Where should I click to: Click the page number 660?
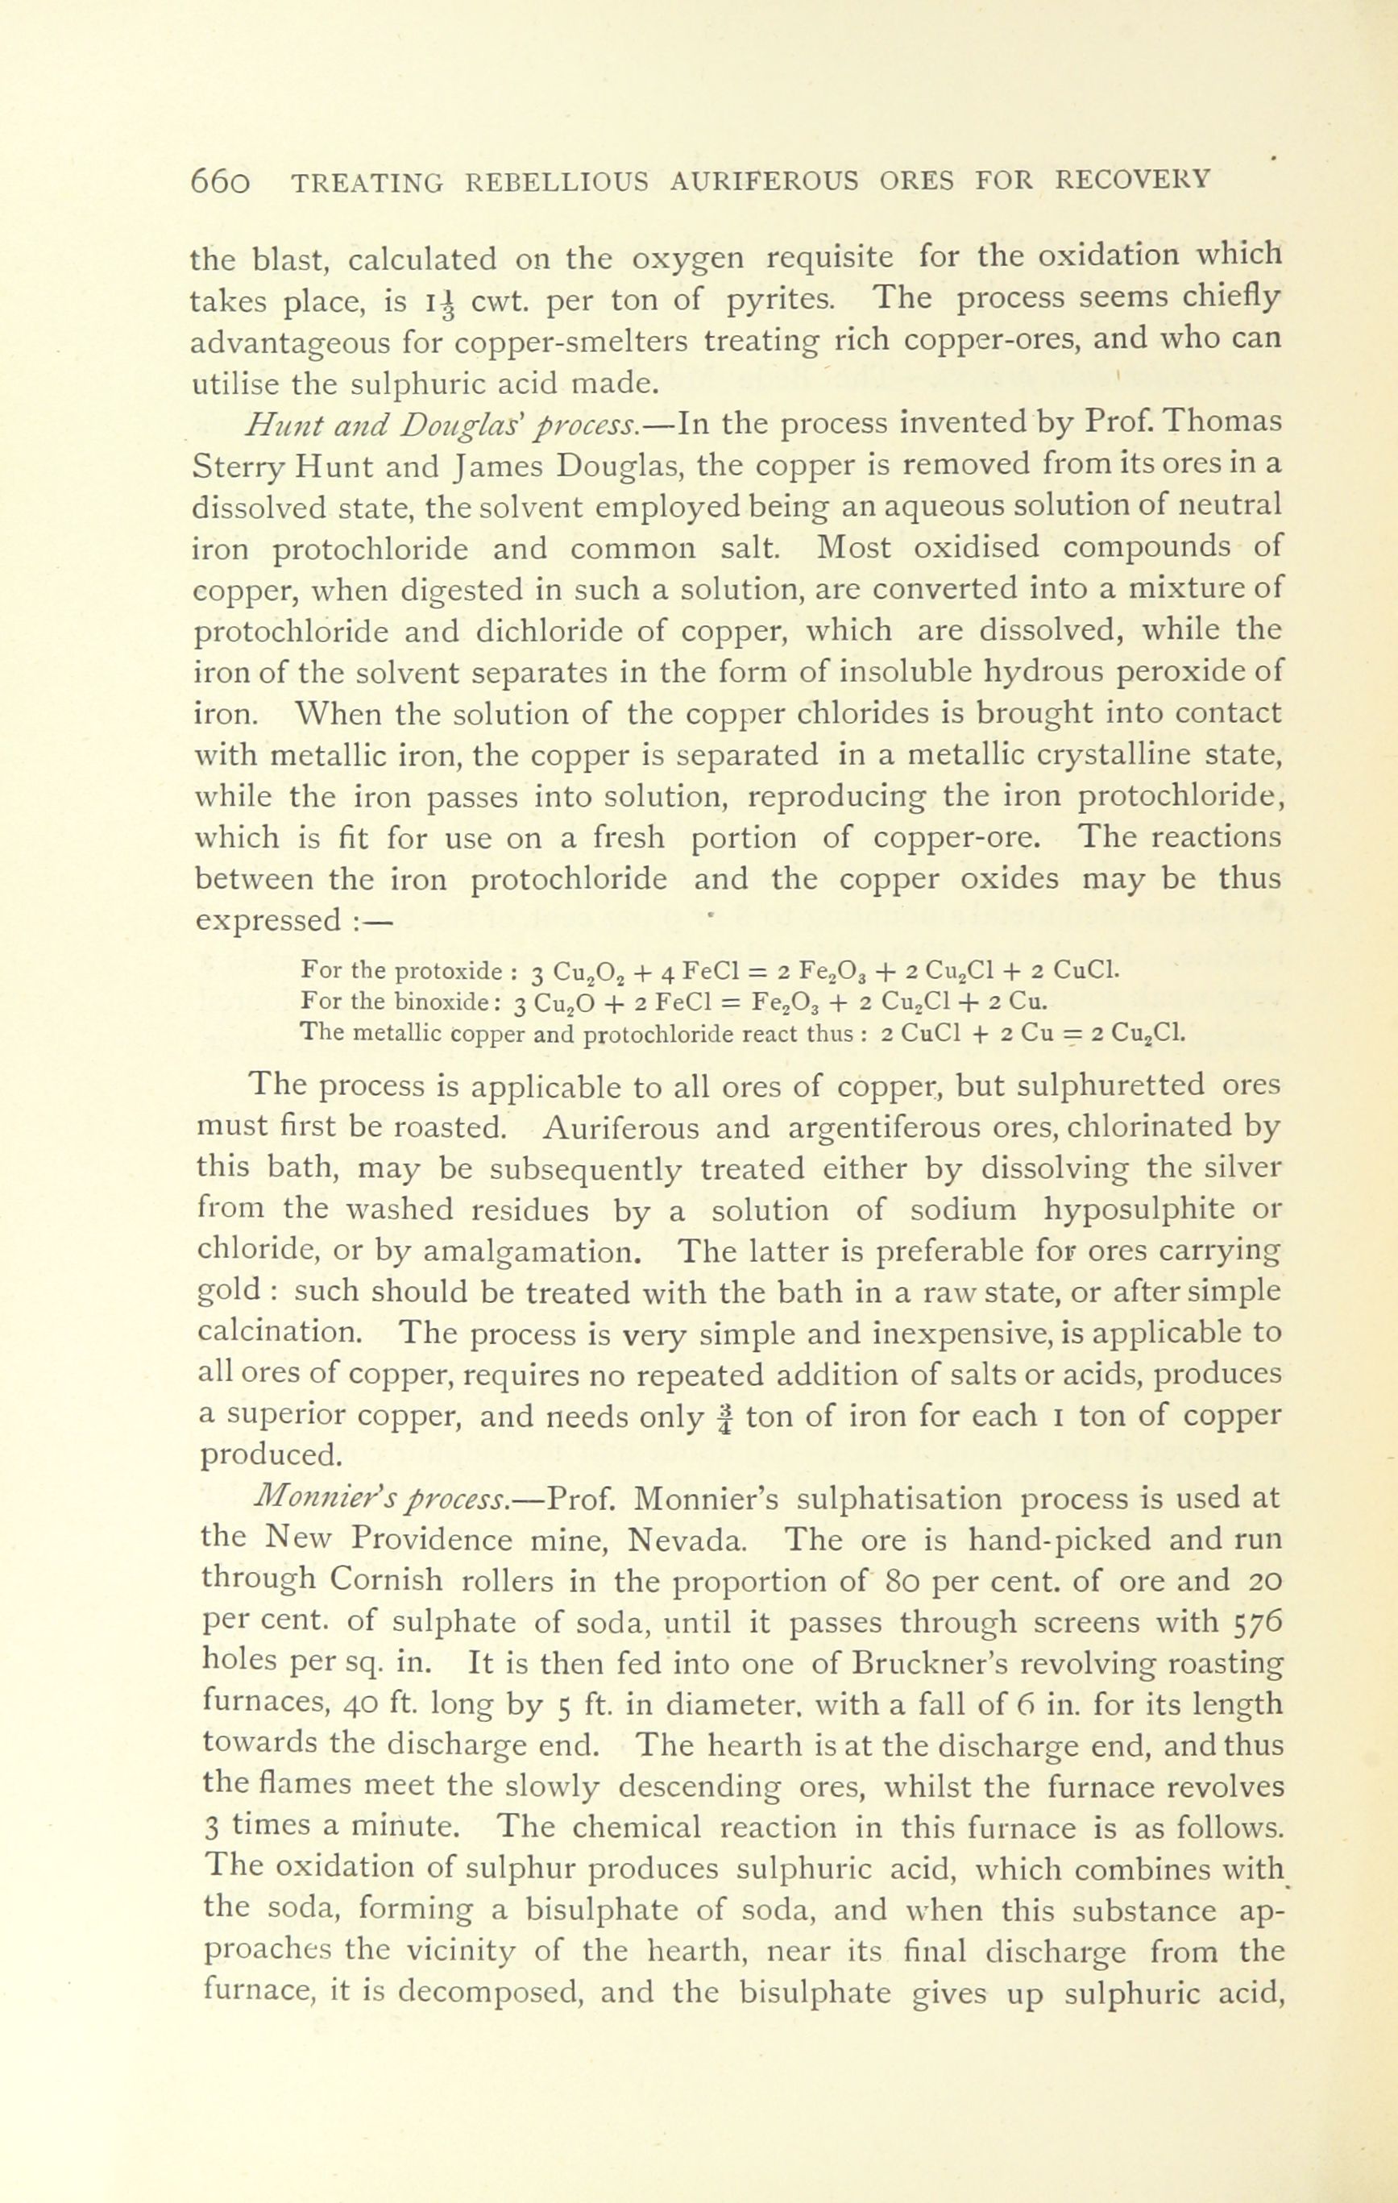[x=220, y=180]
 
